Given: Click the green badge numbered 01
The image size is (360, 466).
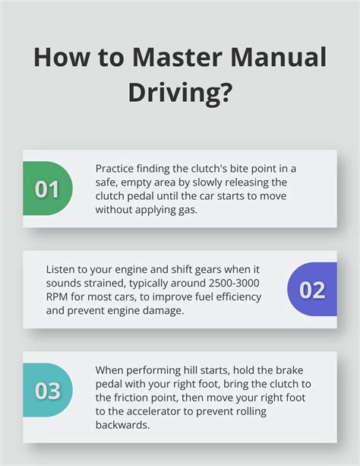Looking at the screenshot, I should pyautogui.click(x=47, y=189).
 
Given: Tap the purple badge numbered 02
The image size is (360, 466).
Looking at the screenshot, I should pyautogui.click(x=312, y=290).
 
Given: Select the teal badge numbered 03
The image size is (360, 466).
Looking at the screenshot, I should pyautogui.click(x=47, y=390).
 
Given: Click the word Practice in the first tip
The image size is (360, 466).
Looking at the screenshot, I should pyautogui.click(x=116, y=169).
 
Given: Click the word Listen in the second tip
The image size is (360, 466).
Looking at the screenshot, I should pyautogui.click(x=61, y=270).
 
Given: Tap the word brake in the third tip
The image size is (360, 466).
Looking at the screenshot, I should pyautogui.click(x=268, y=370).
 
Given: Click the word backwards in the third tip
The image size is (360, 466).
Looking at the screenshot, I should pyautogui.click(x=122, y=425).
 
